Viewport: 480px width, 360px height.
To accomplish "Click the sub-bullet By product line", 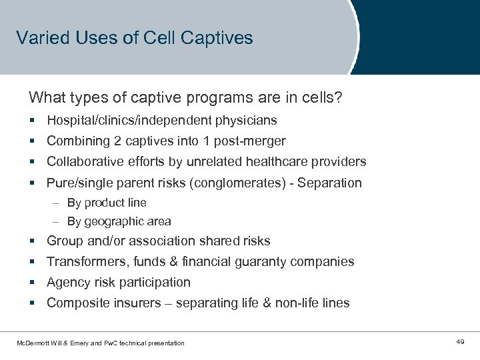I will point(107,203).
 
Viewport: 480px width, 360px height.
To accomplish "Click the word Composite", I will point(75,303).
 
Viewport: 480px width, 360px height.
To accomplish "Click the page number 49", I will point(460,342).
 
